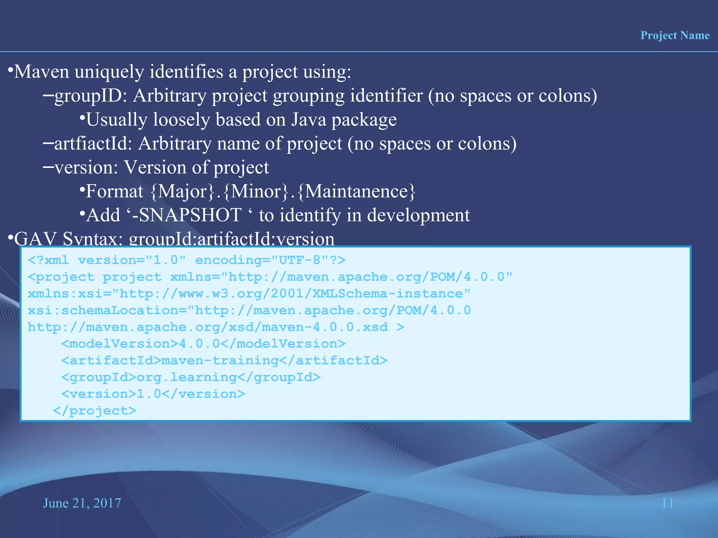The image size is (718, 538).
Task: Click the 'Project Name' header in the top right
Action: pyautogui.click(x=675, y=35)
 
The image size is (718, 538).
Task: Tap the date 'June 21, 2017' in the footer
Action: pyautogui.click(x=82, y=503)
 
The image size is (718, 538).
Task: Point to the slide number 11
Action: pyautogui.click(x=668, y=503)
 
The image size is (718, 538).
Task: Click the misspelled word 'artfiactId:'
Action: pyautogui.click(x=93, y=144)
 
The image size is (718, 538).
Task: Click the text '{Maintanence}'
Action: pyautogui.click(x=357, y=192)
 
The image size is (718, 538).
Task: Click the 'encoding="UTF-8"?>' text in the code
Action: pyautogui.click(x=270, y=260)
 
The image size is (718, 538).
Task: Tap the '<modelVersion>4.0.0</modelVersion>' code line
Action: pyautogui.click(x=203, y=344)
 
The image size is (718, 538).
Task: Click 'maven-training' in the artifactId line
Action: pyautogui.click(x=220, y=361)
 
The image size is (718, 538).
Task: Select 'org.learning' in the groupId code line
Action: pyautogui.click(x=187, y=378)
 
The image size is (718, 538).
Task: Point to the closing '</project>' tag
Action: pyautogui.click(x=94, y=411)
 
